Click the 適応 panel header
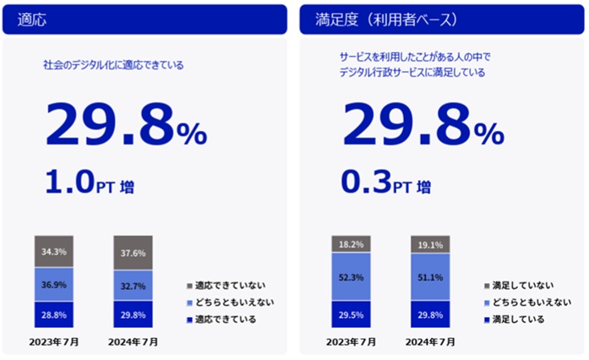[145, 19]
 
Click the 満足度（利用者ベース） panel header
[440, 19]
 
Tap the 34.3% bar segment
[53, 252]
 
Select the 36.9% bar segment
[53, 285]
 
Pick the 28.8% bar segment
[53, 314]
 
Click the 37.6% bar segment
[133, 252]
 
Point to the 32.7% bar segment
[133, 286]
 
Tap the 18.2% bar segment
[352, 244]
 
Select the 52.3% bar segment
[352, 277]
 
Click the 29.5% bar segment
[352, 314]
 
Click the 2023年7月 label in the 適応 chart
[53, 342]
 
